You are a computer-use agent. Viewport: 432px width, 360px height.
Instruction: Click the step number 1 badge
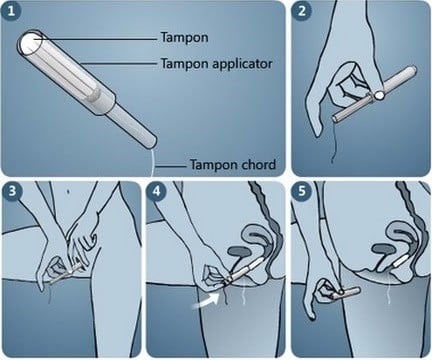(11, 11)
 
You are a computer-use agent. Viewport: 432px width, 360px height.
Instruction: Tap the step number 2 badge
(302, 11)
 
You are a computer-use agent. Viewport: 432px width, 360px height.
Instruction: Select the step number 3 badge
(12, 191)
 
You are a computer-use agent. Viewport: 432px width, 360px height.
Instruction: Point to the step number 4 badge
(157, 191)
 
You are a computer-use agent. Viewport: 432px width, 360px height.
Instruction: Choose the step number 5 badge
(302, 191)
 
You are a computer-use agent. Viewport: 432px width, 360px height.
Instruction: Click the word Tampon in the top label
(184, 37)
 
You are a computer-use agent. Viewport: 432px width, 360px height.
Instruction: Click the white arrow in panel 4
(206, 301)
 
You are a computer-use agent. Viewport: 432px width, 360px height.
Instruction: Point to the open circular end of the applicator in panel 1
(30, 43)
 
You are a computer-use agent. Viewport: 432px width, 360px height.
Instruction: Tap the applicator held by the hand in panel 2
(375, 96)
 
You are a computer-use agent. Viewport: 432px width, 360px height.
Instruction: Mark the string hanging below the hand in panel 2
(334, 143)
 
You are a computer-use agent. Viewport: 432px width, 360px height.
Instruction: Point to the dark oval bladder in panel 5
(383, 249)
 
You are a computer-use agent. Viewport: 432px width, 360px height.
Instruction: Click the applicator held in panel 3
(65, 274)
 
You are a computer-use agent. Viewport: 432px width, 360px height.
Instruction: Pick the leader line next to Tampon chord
(171, 166)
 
